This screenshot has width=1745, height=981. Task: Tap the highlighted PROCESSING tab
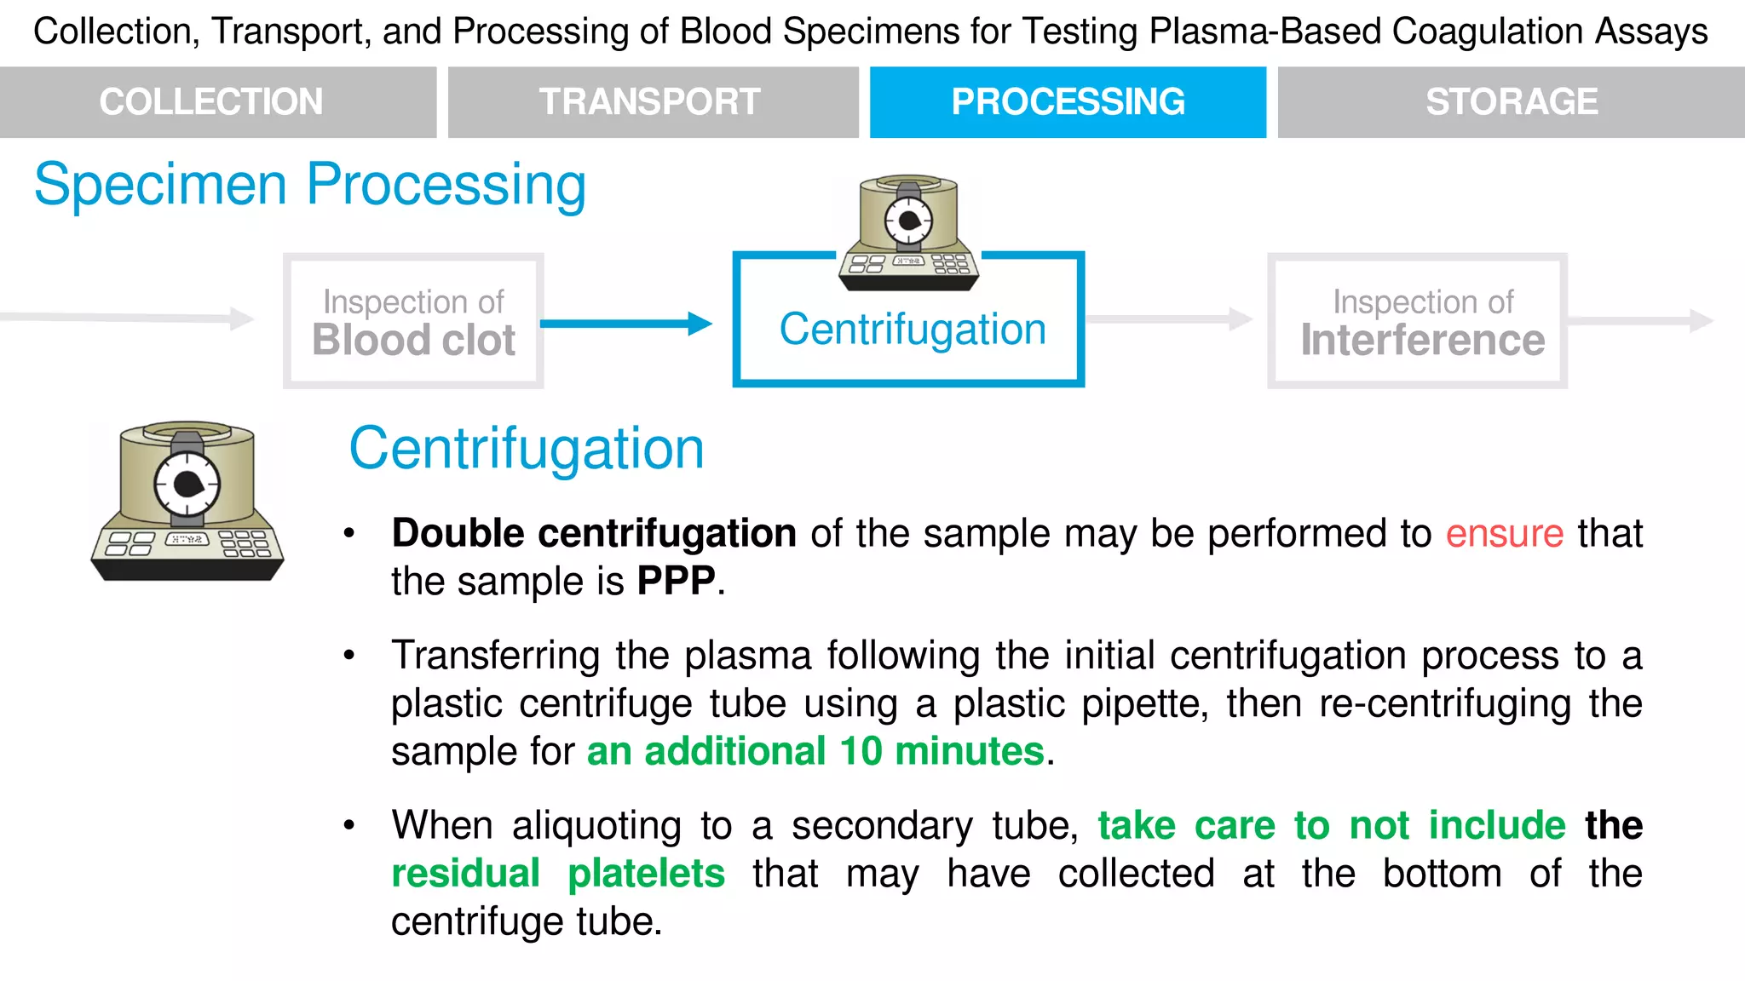pyautogui.click(x=1068, y=102)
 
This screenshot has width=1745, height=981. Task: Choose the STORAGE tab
pyautogui.click(x=1511, y=102)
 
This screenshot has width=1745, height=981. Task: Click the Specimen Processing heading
pyautogui.click(x=310, y=184)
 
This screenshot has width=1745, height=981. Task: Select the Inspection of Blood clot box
pyautogui.click(x=413, y=322)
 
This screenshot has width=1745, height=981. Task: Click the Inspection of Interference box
pyautogui.click(x=1418, y=322)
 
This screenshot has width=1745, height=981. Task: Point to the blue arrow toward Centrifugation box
pyautogui.click(x=626, y=324)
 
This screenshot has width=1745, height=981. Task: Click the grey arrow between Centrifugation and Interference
pyautogui.click(x=1169, y=320)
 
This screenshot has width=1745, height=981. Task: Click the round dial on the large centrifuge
pyautogui.click(x=187, y=485)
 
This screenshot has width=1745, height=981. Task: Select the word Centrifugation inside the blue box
pyautogui.click(x=913, y=330)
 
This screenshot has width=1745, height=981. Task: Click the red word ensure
pyautogui.click(x=1505, y=534)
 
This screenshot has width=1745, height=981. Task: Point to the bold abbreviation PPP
pyautogui.click(x=677, y=582)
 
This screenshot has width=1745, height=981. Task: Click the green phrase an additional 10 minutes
pyautogui.click(x=815, y=752)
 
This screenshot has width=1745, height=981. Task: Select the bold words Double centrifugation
pyautogui.click(x=594, y=534)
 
